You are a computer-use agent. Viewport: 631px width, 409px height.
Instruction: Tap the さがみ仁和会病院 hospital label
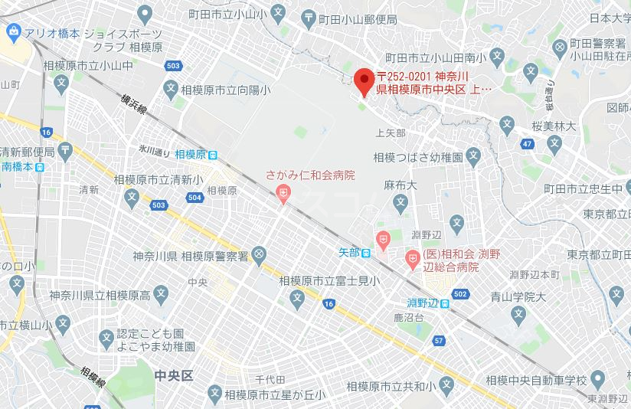click(x=310, y=175)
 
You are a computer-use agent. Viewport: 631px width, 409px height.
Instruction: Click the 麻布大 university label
click(x=400, y=185)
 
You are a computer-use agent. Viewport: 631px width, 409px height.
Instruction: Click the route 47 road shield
click(x=527, y=143)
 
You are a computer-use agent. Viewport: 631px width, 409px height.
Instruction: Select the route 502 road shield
click(x=460, y=294)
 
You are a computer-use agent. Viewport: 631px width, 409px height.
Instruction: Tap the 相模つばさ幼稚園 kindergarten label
click(x=418, y=157)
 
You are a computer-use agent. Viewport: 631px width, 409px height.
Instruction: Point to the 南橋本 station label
click(x=17, y=165)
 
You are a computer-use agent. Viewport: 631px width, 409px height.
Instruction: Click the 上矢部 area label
click(x=390, y=133)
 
